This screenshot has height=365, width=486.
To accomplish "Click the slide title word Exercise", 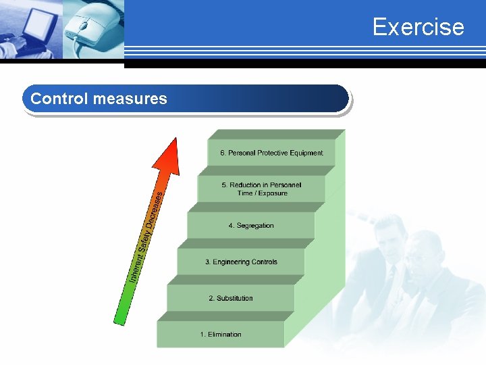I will (418, 27).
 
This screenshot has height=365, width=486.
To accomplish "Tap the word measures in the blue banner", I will (130, 99).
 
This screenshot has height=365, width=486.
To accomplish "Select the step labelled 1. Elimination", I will (220, 335).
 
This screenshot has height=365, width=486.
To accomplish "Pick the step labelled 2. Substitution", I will (230, 298).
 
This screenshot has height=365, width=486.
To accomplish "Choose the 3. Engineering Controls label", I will (241, 262).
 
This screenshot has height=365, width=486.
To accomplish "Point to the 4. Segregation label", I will (251, 226).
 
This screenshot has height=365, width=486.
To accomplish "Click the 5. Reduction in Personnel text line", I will (261, 185).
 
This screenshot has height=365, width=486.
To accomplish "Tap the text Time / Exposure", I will (262, 193).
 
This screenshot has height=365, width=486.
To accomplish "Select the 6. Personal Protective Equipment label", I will (271, 153).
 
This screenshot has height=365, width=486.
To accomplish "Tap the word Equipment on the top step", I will (306, 153).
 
